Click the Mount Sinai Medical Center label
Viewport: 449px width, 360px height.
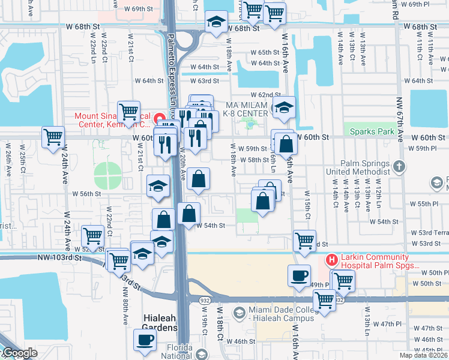point(112,120)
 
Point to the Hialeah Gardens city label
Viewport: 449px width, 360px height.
point(160,322)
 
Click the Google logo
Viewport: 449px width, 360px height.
point(19,353)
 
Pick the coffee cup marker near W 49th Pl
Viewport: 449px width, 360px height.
point(299,276)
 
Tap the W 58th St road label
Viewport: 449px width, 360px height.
point(255,160)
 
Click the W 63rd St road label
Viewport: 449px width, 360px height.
point(205,80)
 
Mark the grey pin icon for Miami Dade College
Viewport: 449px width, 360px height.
point(239,312)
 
